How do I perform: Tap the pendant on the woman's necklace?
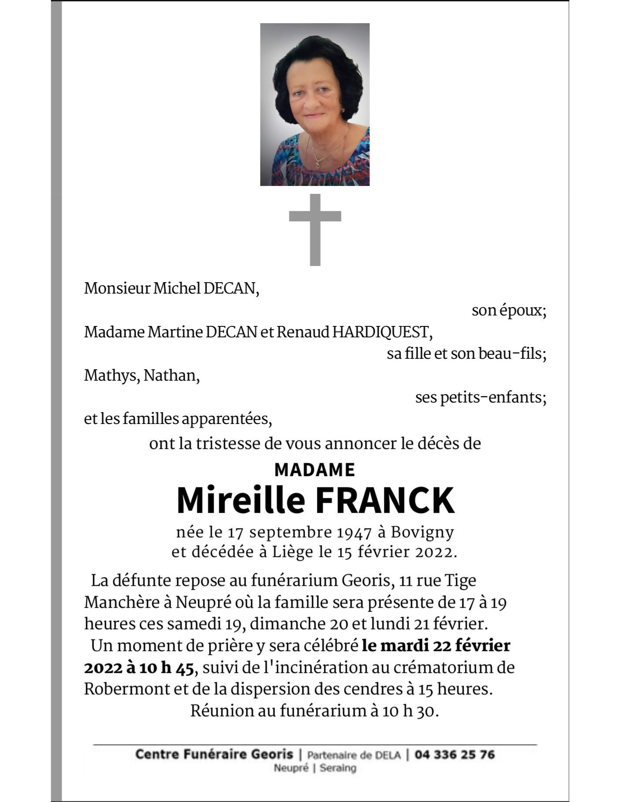coord(317,165)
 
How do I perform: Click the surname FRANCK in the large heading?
coord(385,501)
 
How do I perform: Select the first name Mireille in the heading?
coord(240,501)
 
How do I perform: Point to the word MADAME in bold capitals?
coord(314,470)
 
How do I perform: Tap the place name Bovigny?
coord(422,532)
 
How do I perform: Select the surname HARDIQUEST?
coord(381,332)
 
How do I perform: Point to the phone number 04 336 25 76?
coord(454,755)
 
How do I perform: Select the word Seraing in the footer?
coord(338,768)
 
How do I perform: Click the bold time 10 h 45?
coord(166,668)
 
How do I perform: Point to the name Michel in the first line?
coord(177,289)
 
